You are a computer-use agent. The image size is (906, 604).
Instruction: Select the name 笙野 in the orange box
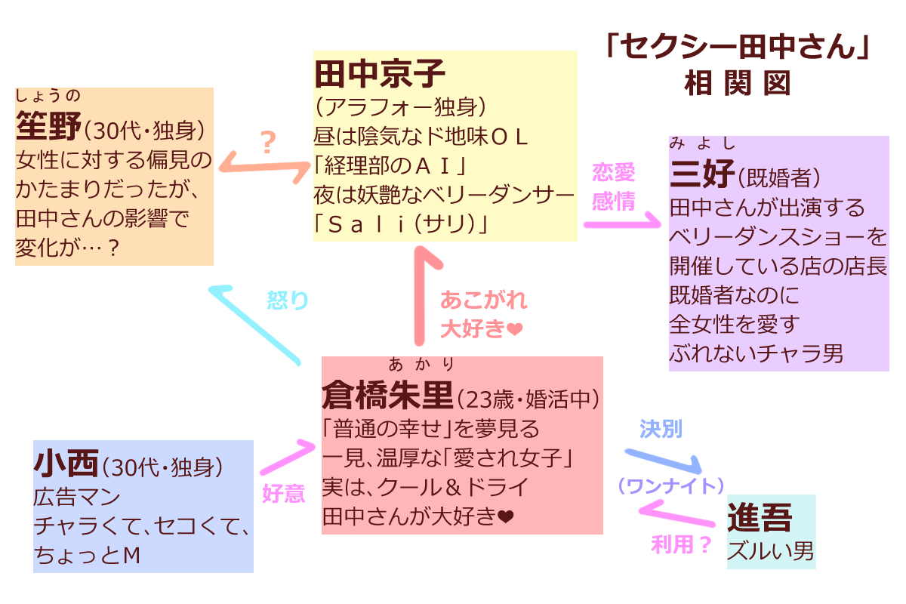[48, 128]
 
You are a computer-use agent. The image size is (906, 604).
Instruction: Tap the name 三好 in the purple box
[701, 175]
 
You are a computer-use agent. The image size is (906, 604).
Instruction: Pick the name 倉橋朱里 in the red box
[387, 395]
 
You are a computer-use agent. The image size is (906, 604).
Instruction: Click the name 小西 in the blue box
[66, 464]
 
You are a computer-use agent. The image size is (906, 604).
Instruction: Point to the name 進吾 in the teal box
[760, 519]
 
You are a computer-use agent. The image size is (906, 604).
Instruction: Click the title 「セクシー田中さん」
[737, 49]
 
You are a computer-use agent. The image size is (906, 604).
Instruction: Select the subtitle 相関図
[737, 82]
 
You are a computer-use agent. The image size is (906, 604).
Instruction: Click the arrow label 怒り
[288, 300]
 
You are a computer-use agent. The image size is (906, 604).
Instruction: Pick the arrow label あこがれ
[483, 300]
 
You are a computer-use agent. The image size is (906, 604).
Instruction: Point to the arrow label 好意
[283, 493]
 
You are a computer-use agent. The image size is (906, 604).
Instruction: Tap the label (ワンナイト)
[671, 485]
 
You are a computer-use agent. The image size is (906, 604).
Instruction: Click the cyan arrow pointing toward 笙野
[257, 325]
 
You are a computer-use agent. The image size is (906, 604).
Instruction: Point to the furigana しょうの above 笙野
[48, 96]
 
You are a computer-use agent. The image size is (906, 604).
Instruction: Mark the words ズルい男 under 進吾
[770, 551]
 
